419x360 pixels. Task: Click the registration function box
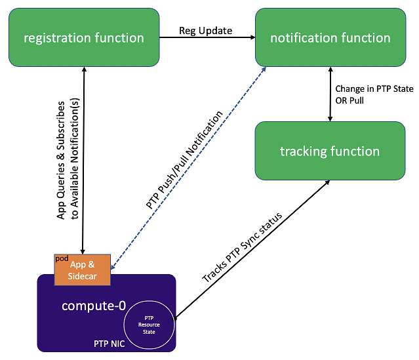pos(83,37)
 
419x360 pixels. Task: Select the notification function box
pos(330,37)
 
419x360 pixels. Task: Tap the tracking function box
pos(330,151)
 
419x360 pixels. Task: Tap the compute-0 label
pos(94,306)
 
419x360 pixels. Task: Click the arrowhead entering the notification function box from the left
pos(252,37)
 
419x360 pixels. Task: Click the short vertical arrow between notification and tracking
pos(330,94)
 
